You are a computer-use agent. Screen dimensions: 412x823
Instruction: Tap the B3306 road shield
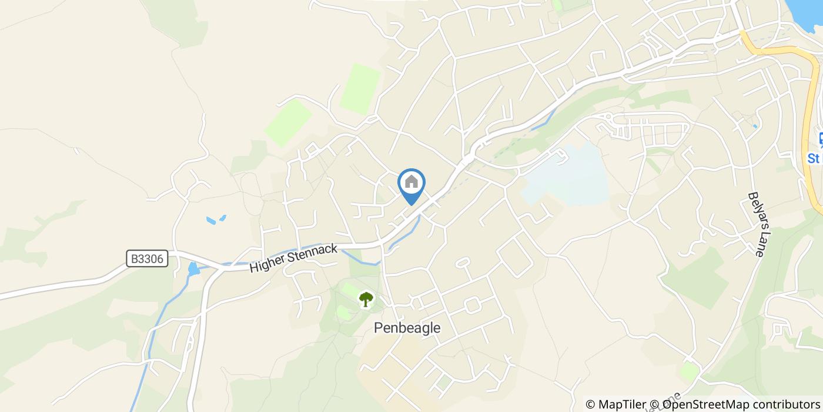tap(147, 258)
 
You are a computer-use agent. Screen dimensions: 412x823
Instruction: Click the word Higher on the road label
tap(266, 263)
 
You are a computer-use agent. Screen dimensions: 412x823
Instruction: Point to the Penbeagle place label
tap(407, 328)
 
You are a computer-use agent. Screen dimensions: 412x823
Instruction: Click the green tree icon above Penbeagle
tap(366, 299)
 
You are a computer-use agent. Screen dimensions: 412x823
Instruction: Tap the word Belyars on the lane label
tap(755, 209)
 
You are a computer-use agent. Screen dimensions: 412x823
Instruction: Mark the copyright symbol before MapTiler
tap(591, 404)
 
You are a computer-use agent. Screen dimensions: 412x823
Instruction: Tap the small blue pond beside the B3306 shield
tap(193, 269)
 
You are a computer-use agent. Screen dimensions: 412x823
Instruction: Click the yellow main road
tap(788, 53)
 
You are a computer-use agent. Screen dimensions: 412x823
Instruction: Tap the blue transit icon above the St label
tap(821, 139)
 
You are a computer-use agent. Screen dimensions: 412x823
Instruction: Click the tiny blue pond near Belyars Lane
tap(755, 126)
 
